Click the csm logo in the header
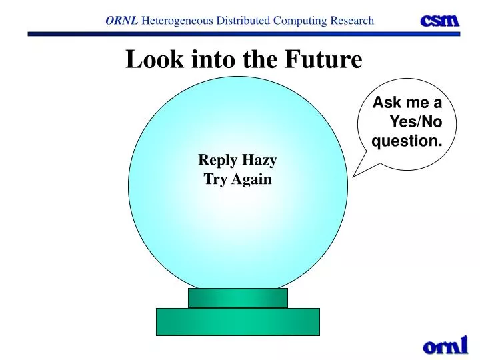click(439, 20)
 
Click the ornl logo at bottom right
click(445, 345)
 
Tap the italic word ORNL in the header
click(121, 21)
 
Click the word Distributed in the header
click(242, 21)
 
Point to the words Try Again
click(238, 179)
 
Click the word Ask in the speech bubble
click(385, 103)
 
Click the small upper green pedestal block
click(238, 298)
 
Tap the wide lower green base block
click(238, 321)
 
